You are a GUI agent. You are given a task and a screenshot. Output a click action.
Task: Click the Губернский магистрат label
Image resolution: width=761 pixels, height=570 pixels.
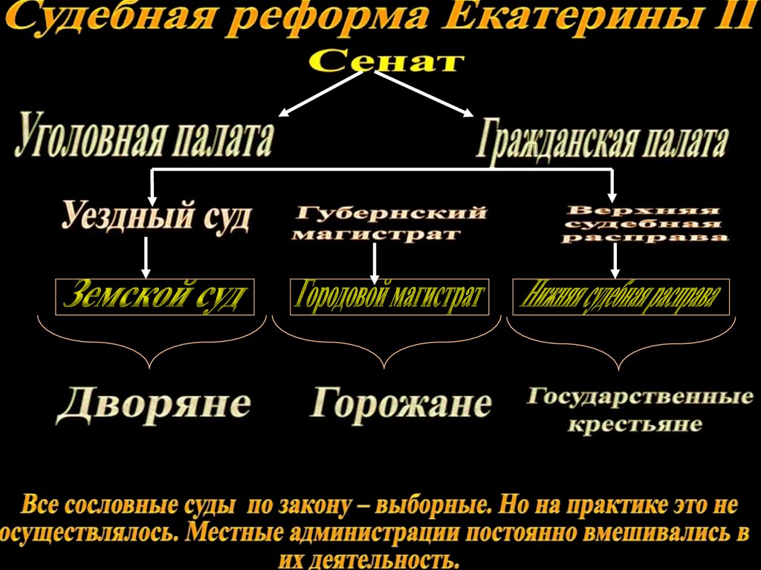click(x=389, y=223)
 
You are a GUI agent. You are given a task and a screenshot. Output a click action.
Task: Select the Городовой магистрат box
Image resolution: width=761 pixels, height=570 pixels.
click(x=389, y=297)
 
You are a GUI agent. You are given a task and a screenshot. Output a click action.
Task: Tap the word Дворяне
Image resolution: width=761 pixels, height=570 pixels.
click(x=153, y=403)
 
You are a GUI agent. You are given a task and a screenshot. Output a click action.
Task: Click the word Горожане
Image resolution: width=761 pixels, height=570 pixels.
click(x=401, y=404)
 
